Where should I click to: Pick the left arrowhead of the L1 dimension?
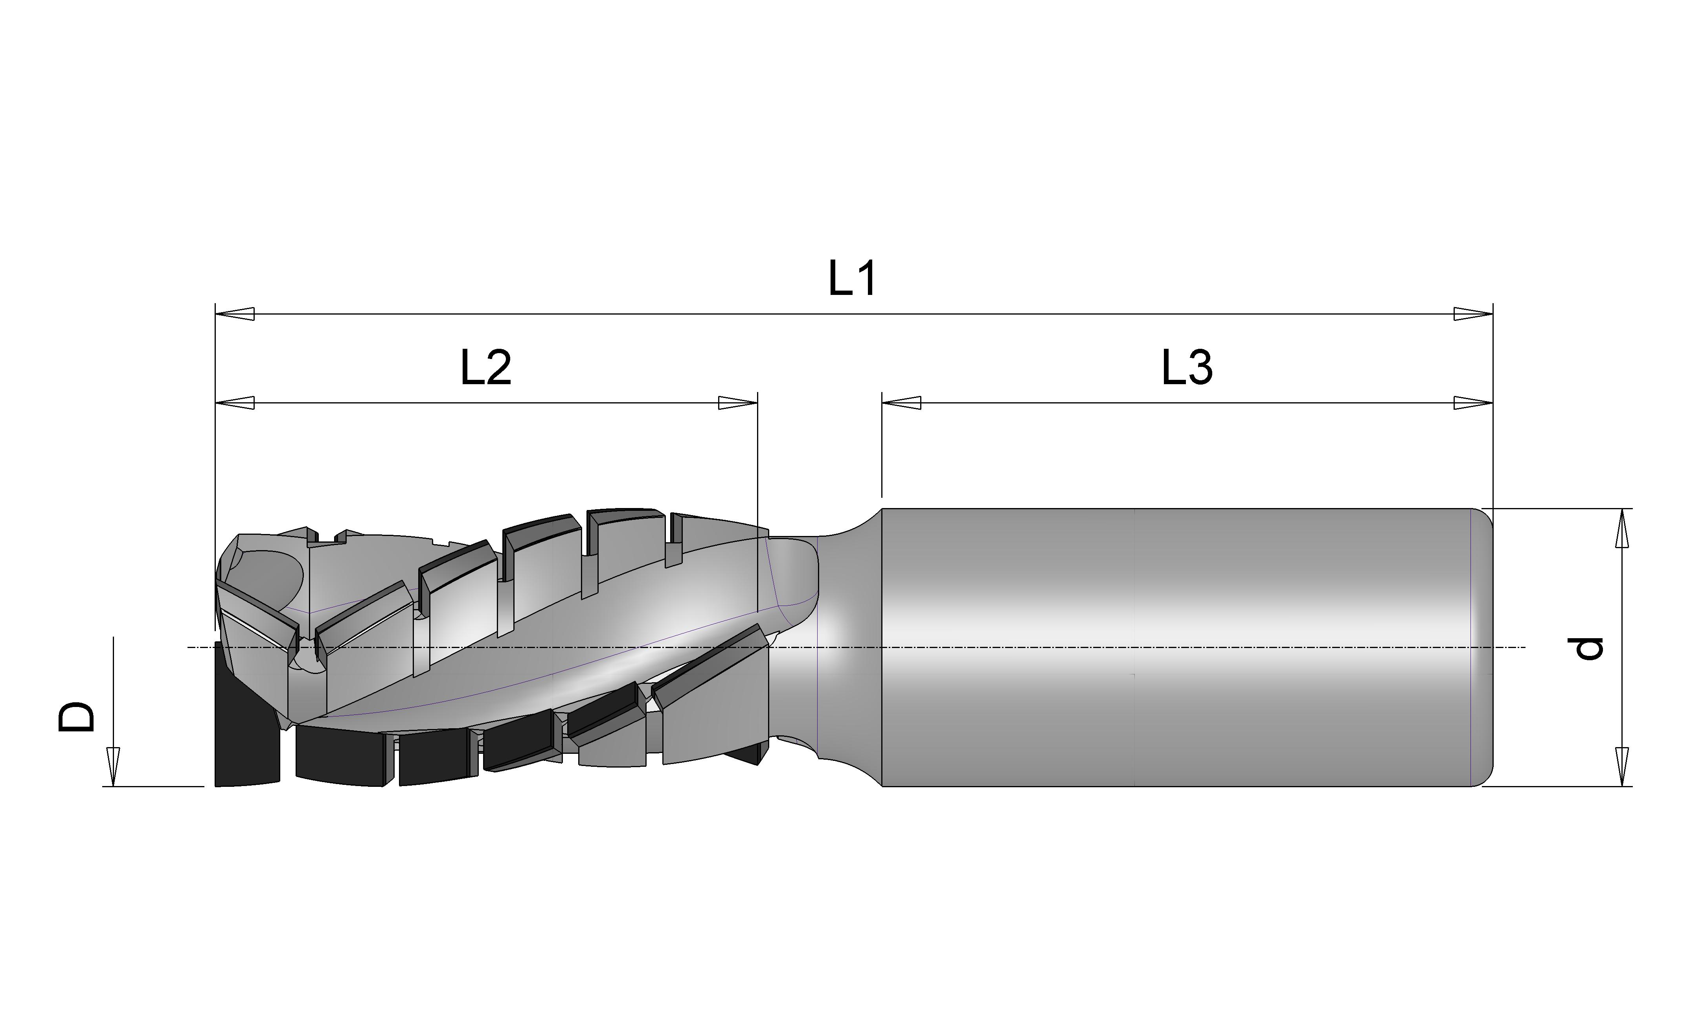pyautogui.click(x=235, y=314)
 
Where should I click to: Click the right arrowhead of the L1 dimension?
pyautogui.click(x=1473, y=314)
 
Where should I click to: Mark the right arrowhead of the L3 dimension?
pyautogui.click(x=1473, y=403)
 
